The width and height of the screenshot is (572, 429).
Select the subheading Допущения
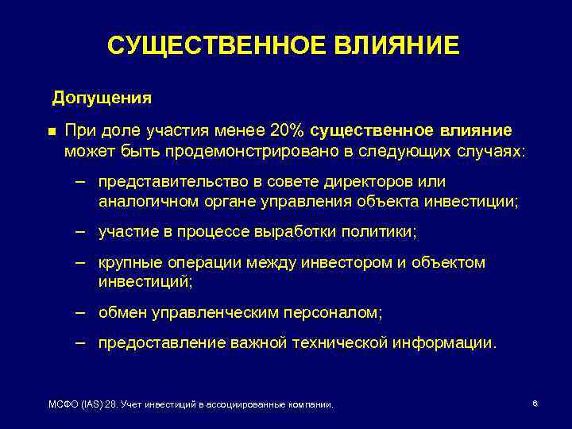pyautogui.click(x=102, y=99)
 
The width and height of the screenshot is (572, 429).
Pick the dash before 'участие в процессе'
pyautogui.click(x=80, y=232)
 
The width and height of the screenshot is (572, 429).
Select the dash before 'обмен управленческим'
pyautogui.click(x=80, y=312)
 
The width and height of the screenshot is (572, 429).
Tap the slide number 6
pyautogui.click(x=535, y=404)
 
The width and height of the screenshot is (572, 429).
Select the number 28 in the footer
pyautogui.click(x=112, y=404)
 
